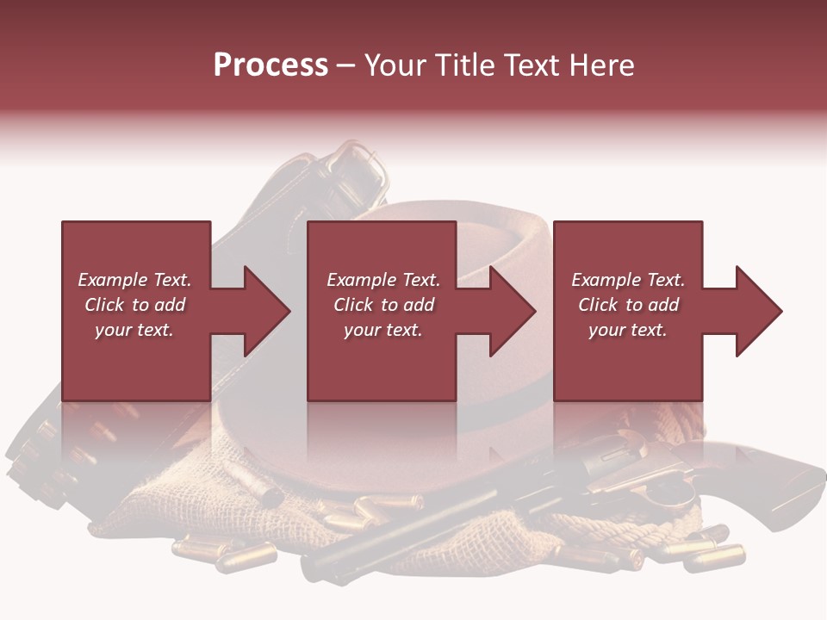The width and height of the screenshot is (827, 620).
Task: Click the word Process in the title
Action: point(270,65)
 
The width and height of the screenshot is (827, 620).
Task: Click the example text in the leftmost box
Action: point(134,305)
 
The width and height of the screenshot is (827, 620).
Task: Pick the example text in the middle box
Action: point(382,305)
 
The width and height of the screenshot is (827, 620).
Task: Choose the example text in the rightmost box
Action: point(628,305)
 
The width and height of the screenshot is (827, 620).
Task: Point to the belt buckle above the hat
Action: point(362,168)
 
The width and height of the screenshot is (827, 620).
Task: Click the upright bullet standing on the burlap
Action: point(270,495)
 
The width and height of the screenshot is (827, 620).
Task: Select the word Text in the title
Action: point(532,65)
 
